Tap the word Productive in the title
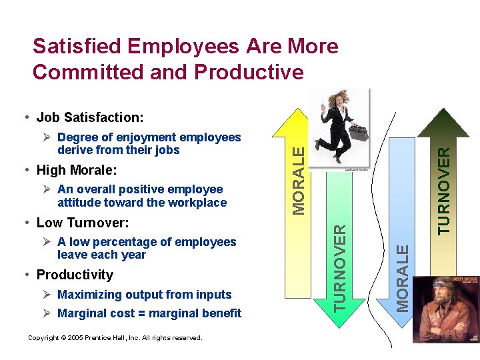pos(247,71)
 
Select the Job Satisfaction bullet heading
pos(89,118)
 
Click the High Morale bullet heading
pos(77,169)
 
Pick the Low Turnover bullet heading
pos(83,222)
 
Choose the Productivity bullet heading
pos(75,275)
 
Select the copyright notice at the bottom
pos(115,338)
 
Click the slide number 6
pos(451,339)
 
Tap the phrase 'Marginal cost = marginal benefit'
pos(149,313)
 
